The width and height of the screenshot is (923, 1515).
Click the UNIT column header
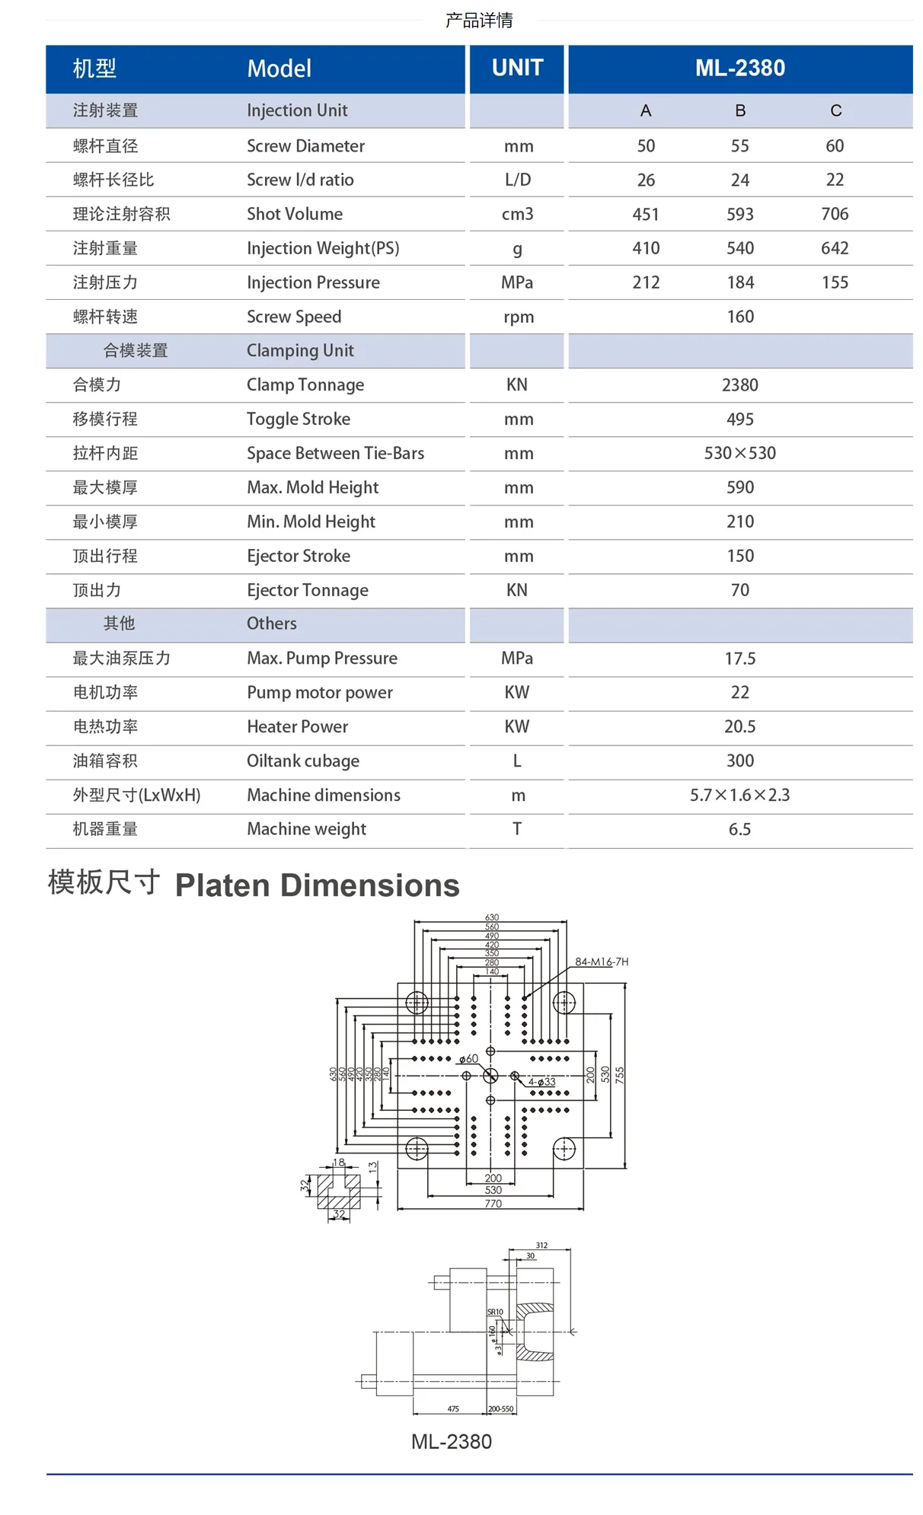pos(517,68)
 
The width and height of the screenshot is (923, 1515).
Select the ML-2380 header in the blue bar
pos(739,68)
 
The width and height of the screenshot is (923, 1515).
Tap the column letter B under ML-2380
pos(739,111)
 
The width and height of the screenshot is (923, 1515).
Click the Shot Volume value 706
pos(835,214)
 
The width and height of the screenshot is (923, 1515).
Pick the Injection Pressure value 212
pos(646,282)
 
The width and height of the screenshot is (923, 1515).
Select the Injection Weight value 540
pos(739,248)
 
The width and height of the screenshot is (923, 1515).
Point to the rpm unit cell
pos(518,317)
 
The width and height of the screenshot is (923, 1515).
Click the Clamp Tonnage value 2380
pos(739,385)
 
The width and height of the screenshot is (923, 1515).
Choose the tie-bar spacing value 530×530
pos(739,454)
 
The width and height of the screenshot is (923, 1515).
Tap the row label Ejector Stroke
pos(299,556)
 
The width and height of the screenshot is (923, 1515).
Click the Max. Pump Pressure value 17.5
pos(739,659)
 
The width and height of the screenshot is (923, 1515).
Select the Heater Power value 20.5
pos(739,727)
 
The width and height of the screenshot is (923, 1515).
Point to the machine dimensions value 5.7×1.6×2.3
pos(739,796)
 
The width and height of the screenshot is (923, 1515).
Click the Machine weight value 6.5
pos(739,829)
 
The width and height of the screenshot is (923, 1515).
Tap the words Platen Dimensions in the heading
pos(317,885)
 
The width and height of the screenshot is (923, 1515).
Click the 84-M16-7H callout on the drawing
pos(602,962)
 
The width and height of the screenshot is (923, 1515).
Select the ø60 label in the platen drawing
pos(468,1059)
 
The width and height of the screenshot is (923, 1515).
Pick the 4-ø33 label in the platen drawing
pos(542,1082)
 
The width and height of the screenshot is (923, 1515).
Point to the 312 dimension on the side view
pos(541,1245)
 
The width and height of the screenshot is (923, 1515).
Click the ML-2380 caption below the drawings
pos(452,1442)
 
